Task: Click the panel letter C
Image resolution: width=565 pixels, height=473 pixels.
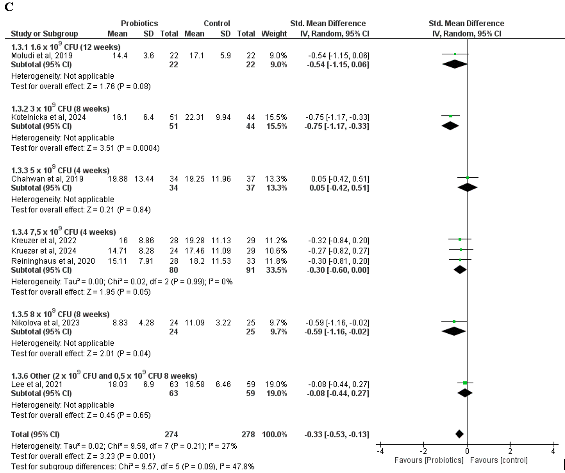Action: (x=9, y=7)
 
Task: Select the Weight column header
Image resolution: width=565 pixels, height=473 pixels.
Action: (x=274, y=34)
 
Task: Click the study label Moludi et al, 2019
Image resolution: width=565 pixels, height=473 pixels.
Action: (x=42, y=55)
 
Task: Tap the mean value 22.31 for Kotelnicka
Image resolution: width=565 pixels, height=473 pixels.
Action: (x=194, y=117)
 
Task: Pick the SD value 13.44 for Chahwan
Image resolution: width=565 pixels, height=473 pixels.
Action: (x=144, y=179)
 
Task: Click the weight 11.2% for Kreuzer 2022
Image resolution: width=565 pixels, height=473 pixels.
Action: (x=276, y=240)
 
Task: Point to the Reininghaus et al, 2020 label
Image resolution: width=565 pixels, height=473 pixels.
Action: (x=53, y=261)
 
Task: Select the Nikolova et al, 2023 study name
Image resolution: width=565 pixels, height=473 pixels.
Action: (x=45, y=322)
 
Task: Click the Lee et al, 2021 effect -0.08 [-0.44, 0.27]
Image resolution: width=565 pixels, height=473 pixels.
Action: (x=338, y=384)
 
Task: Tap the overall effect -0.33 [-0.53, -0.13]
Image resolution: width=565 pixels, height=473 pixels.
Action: (x=337, y=434)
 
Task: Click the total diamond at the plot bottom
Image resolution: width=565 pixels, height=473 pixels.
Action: (x=460, y=434)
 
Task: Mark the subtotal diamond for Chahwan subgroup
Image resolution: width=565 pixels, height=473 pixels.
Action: (x=468, y=188)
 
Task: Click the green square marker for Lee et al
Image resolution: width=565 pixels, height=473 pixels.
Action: (x=465, y=383)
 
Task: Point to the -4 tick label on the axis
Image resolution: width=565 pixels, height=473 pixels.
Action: (x=380, y=451)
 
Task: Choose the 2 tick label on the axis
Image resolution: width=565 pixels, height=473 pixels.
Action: (x=510, y=451)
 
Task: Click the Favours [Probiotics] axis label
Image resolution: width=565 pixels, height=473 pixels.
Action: (x=429, y=460)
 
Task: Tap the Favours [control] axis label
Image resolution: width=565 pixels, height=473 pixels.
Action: (x=499, y=460)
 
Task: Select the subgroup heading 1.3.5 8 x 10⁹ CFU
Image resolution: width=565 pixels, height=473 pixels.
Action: (x=60, y=314)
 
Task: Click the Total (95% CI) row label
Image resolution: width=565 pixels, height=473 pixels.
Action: (x=35, y=434)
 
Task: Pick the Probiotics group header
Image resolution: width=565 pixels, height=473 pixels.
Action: (x=139, y=24)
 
